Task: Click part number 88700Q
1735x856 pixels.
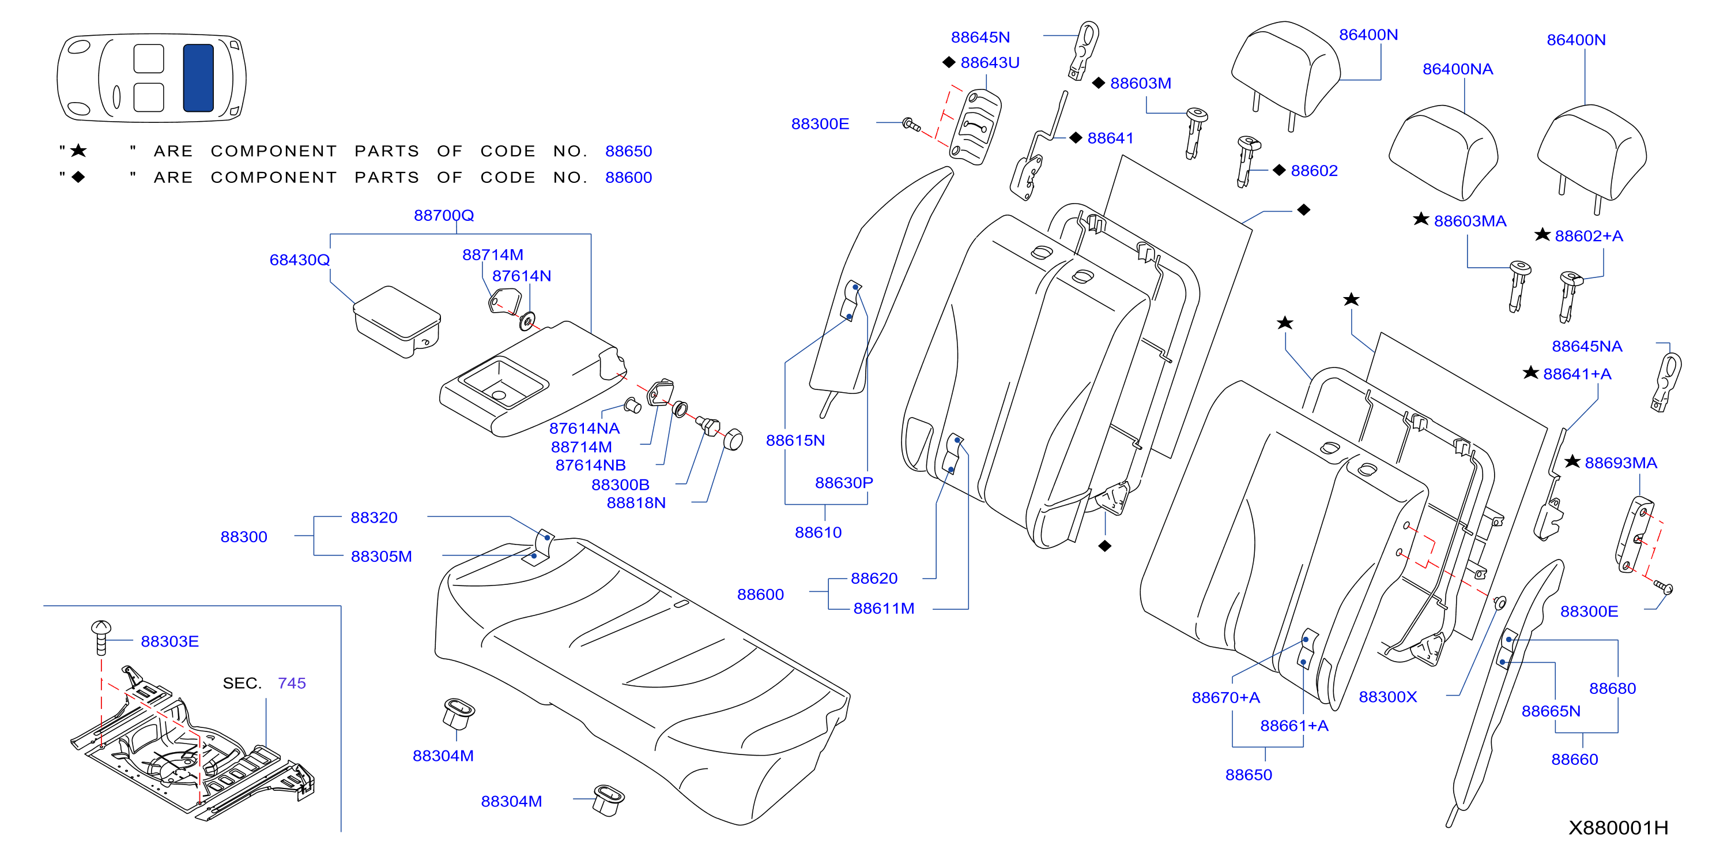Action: (444, 216)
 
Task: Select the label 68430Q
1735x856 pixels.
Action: (300, 260)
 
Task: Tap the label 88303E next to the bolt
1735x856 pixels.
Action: (169, 641)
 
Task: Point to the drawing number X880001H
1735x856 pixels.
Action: (1619, 828)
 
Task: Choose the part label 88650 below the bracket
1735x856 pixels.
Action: (1249, 775)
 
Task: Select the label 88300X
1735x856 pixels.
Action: (1388, 697)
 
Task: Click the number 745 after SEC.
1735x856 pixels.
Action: (292, 684)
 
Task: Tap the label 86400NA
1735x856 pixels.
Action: (1458, 69)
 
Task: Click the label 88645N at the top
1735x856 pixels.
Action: (980, 37)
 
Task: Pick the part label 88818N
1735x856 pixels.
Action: (636, 503)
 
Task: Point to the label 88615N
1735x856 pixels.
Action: (795, 441)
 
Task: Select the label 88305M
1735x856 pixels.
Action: (381, 557)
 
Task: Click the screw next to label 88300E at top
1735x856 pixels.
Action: (911, 125)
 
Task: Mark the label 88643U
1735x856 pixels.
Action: (990, 63)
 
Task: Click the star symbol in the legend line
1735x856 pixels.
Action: (79, 151)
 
